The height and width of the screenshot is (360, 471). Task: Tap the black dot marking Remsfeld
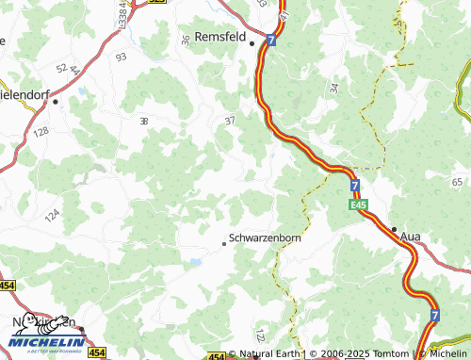[x=252, y=43]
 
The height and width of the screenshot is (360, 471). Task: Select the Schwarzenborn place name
[x=265, y=238]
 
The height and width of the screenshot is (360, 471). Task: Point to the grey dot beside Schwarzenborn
[x=223, y=243]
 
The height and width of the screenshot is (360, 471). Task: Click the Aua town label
[x=410, y=236]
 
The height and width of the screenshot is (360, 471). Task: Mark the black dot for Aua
[x=393, y=229]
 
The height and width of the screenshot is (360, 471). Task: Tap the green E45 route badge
[x=357, y=205]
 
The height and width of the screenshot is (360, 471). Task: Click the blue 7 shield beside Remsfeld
[x=270, y=41]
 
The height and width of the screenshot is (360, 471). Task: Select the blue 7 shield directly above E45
[x=354, y=186]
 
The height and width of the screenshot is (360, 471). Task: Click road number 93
[x=121, y=57]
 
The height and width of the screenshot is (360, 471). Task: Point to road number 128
[x=41, y=133]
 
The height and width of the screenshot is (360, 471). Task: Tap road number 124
[x=52, y=216]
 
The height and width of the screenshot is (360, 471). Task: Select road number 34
[x=333, y=89]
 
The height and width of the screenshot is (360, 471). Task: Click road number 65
[x=457, y=181]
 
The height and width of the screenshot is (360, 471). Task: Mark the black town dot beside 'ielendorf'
[x=56, y=101]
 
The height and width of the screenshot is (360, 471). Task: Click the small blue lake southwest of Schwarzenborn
[x=194, y=261]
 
